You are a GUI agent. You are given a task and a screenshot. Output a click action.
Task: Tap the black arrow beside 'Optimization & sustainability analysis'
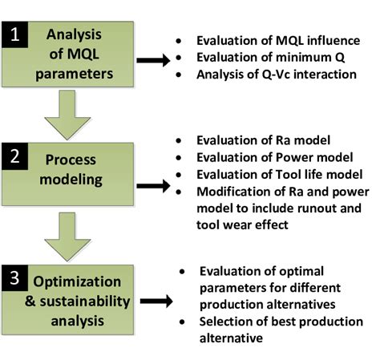click(x=160, y=302)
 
